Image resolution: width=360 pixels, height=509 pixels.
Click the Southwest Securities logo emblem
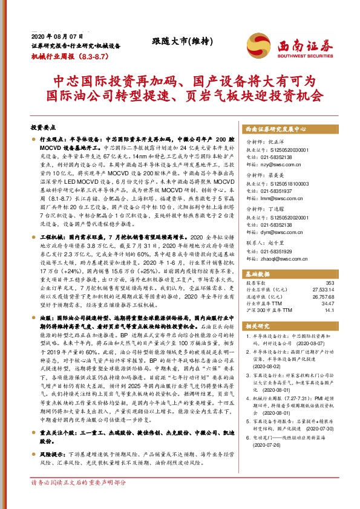257,42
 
